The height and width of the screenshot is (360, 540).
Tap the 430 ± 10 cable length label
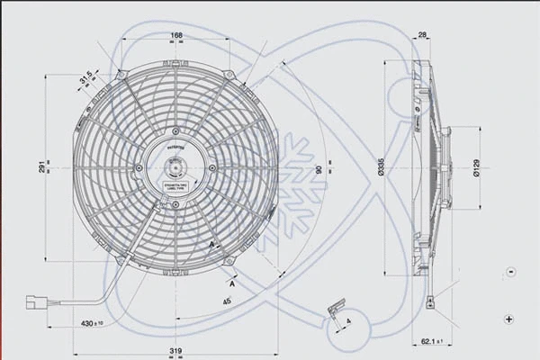pos(92,321)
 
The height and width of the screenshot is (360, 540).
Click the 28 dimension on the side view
pos(422,37)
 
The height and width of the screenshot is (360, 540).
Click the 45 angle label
pos(226,301)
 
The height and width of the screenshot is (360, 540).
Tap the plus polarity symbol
pos(510,319)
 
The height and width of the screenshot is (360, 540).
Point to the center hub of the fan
pos(175,166)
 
